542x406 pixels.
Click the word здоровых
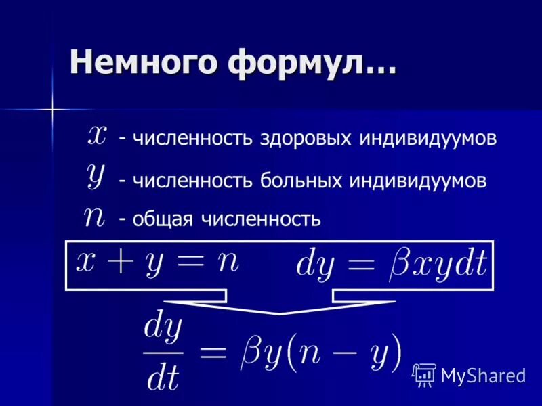click(306, 139)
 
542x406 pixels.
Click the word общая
click(163, 220)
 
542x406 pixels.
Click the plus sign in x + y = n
click(125, 262)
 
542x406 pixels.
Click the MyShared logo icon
click(425, 374)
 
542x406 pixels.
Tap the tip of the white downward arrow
click(280, 313)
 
